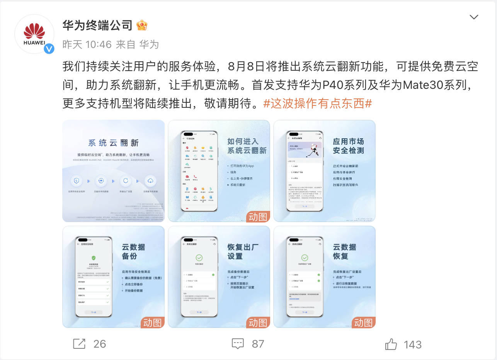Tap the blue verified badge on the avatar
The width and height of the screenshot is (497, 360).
(x=49, y=49)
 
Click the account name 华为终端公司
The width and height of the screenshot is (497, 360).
(x=97, y=25)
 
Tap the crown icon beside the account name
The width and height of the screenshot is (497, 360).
(x=142, y=25)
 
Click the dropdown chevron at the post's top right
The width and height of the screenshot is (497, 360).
(x=474, y=17)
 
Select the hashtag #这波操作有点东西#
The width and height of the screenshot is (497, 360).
(x=317, y=104)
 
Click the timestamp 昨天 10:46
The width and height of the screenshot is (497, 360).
(x=87, y=44)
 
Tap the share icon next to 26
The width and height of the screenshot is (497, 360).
(x=79, y=343)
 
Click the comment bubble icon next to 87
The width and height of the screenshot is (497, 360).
(x=238, y=343)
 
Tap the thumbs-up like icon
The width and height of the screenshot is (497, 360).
(x=391, y=344)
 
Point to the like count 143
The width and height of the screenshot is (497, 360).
(x=412, y=344)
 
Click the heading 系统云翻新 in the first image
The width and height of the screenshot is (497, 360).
(x=113, y=143)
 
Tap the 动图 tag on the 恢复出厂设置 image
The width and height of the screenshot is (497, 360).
(x=258, y=323)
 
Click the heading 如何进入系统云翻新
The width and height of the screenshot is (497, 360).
(x=247, y=146)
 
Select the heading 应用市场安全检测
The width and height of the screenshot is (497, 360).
(x=348, y=146)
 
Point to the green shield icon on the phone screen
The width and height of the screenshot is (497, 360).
(x=93, y=258)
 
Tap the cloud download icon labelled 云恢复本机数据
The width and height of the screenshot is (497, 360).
(x=150, y=180)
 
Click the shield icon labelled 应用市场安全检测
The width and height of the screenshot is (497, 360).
(x=77, y=180)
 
